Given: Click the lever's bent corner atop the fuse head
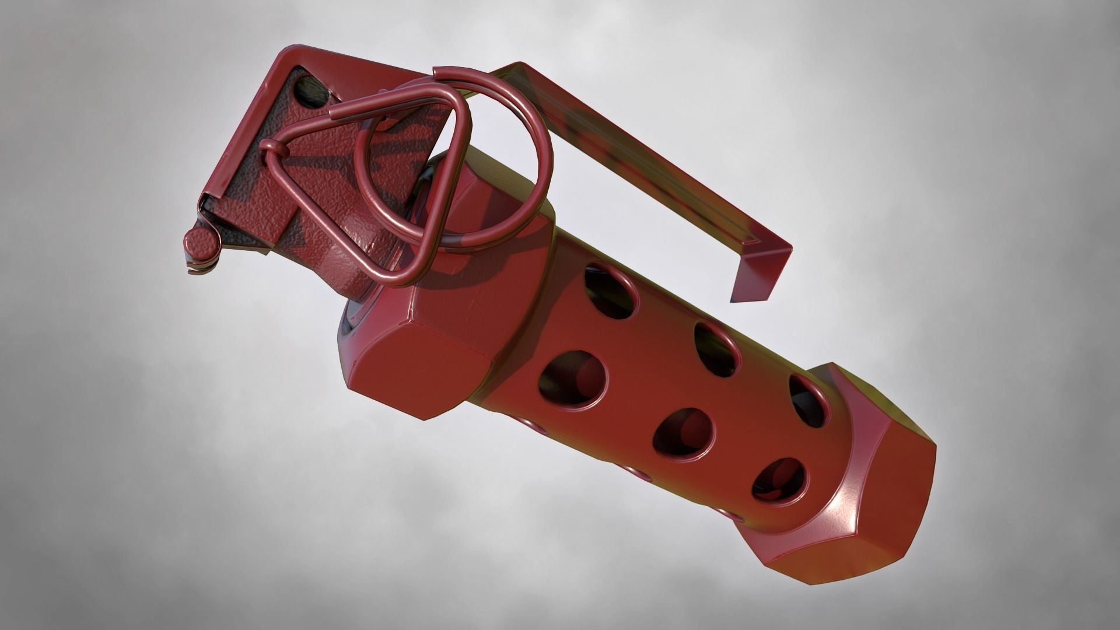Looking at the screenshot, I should (280, 58).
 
